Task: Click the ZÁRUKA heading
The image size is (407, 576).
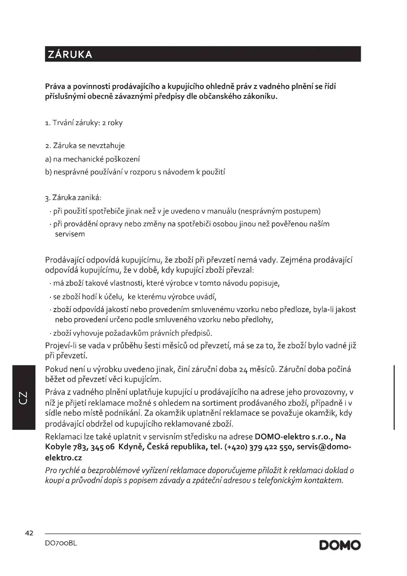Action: point(70,54)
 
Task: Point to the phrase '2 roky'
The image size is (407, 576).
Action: point(112,123)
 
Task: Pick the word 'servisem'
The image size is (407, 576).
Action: point(70,234)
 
